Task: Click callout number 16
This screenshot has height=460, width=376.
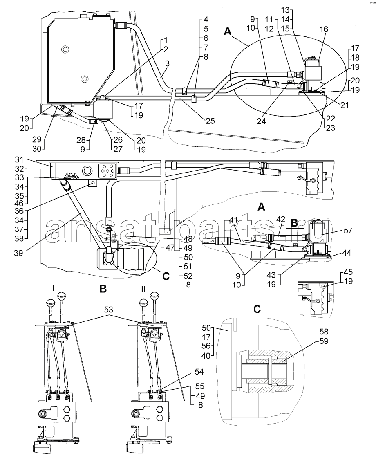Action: click(324, 29)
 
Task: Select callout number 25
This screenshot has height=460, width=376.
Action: click(210, 121)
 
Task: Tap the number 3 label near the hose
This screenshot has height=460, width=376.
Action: click(167, 64)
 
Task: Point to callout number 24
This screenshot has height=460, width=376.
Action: click(261, 121)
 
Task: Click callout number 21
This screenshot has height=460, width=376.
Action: click(345, 105)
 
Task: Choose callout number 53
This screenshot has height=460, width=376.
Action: click(109, 310)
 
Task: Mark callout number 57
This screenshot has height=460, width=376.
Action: click(348, 231)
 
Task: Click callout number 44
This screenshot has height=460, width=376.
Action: click(347, 253)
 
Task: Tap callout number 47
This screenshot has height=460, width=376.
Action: click(170, 247)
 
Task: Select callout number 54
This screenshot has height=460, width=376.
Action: click(199, 372)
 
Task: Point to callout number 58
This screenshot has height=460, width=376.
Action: click(324, 332)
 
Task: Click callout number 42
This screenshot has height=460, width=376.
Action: click(280, 219)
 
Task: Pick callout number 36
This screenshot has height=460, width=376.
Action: click(19, 211)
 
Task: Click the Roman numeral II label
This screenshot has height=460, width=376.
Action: click(143, 289)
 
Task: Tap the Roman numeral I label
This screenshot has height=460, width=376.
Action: click(53, 288)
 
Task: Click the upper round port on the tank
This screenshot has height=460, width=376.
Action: click(65, 49)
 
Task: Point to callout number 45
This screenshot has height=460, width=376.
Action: click(348, 272)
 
